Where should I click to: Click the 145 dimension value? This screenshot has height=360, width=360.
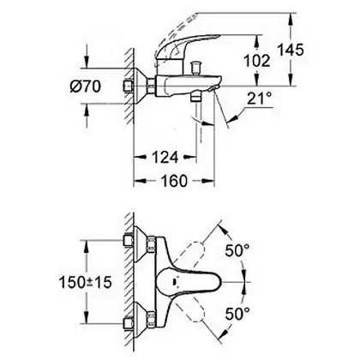tap(291, 50)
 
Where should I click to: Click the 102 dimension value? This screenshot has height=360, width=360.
tap(257, 61)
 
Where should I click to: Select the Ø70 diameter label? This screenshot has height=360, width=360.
tap(86, 86)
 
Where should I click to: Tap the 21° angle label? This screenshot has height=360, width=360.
tap(260, 99)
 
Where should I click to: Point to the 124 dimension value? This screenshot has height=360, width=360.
tap(165, 157)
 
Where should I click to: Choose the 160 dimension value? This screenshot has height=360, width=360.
tap(174, 181)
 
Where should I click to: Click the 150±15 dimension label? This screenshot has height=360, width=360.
tap(85, 283)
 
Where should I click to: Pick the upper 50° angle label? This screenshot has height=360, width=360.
tap(237, 251)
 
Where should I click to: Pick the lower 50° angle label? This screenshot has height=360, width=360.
tap(237, 314)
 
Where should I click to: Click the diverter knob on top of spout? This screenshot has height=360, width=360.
tap(196, 68)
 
